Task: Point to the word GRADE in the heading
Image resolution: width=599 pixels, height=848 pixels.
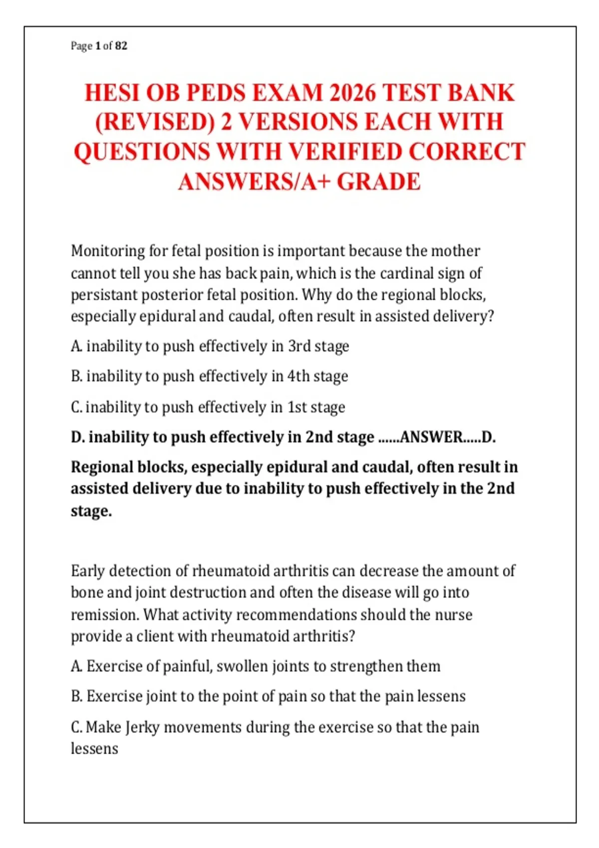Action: pyautogui.click(x=379, y=182)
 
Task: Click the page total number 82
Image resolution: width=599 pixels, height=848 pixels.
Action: pyautogui.click(x=121, y=46)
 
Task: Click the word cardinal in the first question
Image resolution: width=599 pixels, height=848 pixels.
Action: pyautogui.click(x=407, y=273)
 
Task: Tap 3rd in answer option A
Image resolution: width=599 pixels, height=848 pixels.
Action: pyautogui.click(x=299, y=346)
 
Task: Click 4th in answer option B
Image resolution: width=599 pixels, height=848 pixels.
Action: pyautogui.click(x=299, y=376)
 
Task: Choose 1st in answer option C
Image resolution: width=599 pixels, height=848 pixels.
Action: pyautogui.click(x=297, y=407)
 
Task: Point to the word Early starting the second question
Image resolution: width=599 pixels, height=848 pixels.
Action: pyautogui.click(x=87, y=571)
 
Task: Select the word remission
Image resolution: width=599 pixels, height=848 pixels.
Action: pyautogui.click(x=104, y=615)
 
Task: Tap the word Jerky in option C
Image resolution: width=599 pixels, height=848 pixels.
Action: pyautogui.click(x=142, y=727)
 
